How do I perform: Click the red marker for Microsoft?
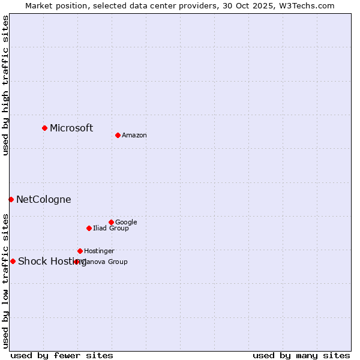click(x=44, y=128)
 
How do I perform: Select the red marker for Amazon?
click(x=118, y=135)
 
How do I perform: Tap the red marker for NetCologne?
click(x=11, y=199)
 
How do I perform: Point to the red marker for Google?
click(x=111, y=222)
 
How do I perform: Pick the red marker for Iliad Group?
click(x=89, y=228)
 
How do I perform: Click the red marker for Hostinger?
click(x=80, y=251)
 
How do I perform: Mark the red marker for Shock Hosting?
click(x=13, y=261)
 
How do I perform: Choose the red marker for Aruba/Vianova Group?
click(x=76, y=262)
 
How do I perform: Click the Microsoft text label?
click(x=71, y=128)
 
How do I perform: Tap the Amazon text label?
click(x=134, y=136)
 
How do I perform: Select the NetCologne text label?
click(x=43, y=200)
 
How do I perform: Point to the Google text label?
click(x=126, y=223)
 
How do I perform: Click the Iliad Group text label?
click(x=111, y=229)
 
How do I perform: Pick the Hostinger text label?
click(x=99, y=251)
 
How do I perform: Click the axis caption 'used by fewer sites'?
click(x=62, y=355)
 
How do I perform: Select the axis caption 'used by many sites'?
click(x=301, y=355)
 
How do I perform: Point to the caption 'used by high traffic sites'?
click(x=5, y=85)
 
